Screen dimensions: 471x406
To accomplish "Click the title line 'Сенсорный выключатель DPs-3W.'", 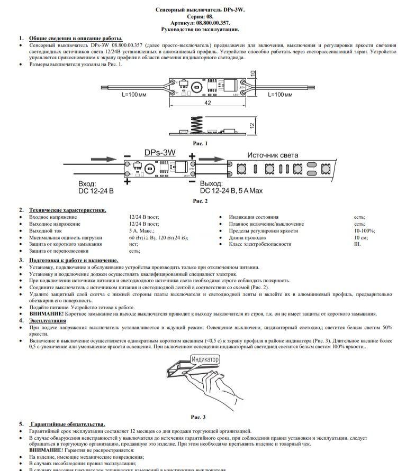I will [200, 10].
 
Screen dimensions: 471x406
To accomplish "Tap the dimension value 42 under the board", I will [207, 103].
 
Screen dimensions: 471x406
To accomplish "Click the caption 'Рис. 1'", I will [200, 143].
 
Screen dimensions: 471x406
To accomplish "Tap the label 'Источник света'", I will [273, 155].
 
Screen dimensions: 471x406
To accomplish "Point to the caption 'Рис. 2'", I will [200, 201].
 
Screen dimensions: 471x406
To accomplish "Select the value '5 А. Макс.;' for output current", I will [141, 231].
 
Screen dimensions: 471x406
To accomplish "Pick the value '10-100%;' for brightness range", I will [364, 231].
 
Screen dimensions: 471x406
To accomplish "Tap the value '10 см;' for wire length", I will [361, 238].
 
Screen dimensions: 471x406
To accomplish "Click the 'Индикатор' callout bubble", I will [205, 359].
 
